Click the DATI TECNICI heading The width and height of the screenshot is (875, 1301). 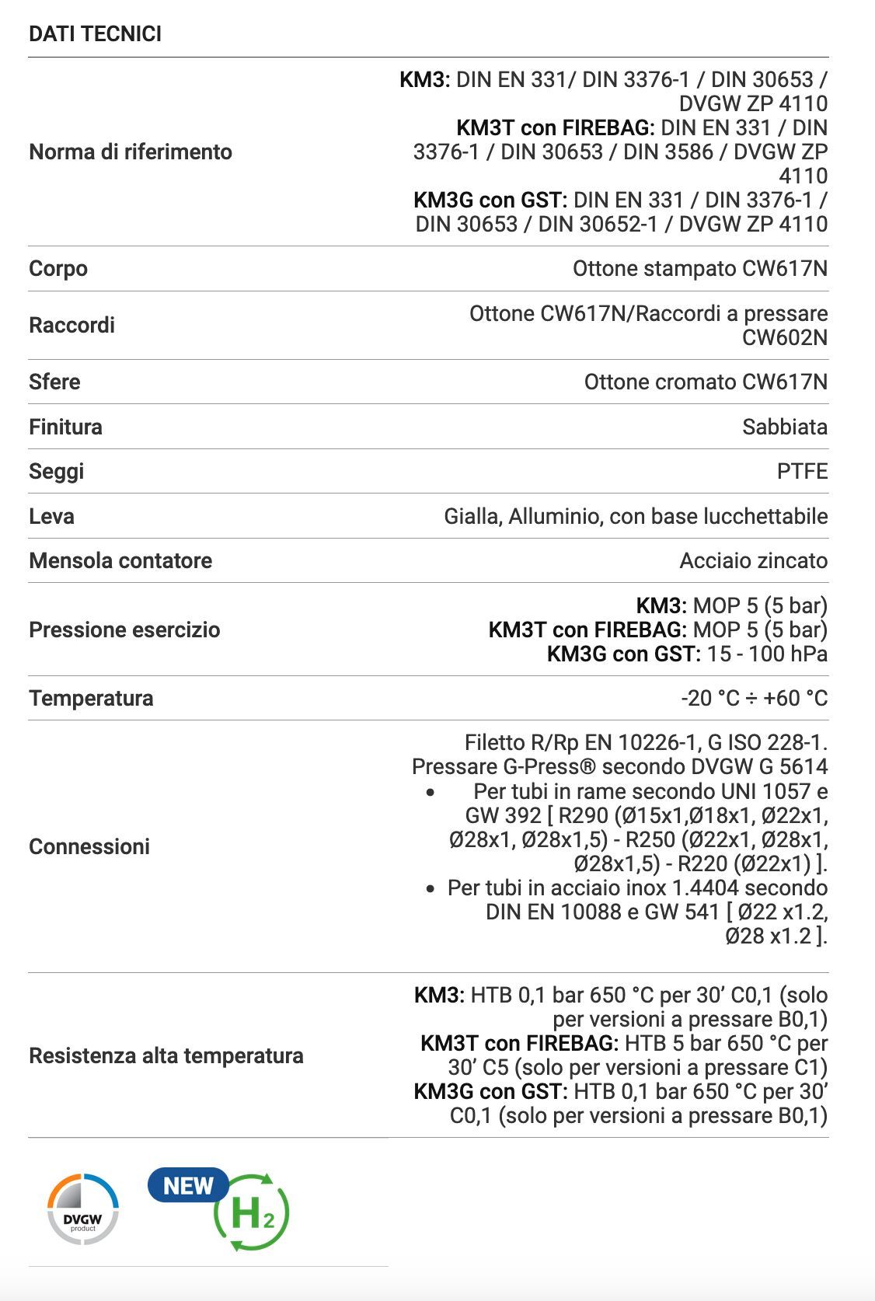pyautogui.click(x=95, y=34)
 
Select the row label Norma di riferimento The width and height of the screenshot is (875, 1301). pyautogui.click(x=131, y=152)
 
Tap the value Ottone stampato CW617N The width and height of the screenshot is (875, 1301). pyautogui.click(x=699, y=269)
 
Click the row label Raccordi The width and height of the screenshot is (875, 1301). pyautogui.click(x=71, y=325)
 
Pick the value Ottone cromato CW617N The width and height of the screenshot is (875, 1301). pyautogui.click(x=706, y=382)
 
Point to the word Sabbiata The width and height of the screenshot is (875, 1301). pyautogui.click(x=784, y=427)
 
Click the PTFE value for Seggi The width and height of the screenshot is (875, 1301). pyautogui.click(x=802, y=472)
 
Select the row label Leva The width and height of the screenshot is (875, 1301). pyautogui.click(x=51, y=516)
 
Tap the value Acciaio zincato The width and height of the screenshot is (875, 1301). pyautogui.click(x=753, y=561)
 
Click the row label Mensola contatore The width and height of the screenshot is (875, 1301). pyautogui.click(x=120, y=561)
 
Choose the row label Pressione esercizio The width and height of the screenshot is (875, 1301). pyautogui.click(x=124, y=630)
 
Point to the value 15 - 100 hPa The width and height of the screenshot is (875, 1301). pyautogui.click(x=767, y=654)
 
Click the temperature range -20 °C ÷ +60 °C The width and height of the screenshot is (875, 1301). pyautogui.click(x=754, y=699)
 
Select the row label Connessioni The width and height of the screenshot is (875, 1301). pyautogui.click(x=89, y=846)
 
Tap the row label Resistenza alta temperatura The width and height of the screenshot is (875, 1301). pyautogui.click(x=166, y=1055)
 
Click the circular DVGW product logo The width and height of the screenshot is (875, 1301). pyautogui.click(x=83, y=1209)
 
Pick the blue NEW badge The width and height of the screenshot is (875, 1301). pyautogui.click(x=188, y=1186)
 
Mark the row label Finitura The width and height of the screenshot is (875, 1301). pyautogui.click(x=65, y=427)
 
